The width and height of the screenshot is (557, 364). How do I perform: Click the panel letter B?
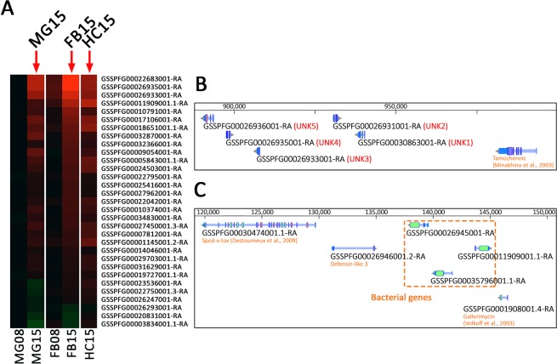point(202,87)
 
